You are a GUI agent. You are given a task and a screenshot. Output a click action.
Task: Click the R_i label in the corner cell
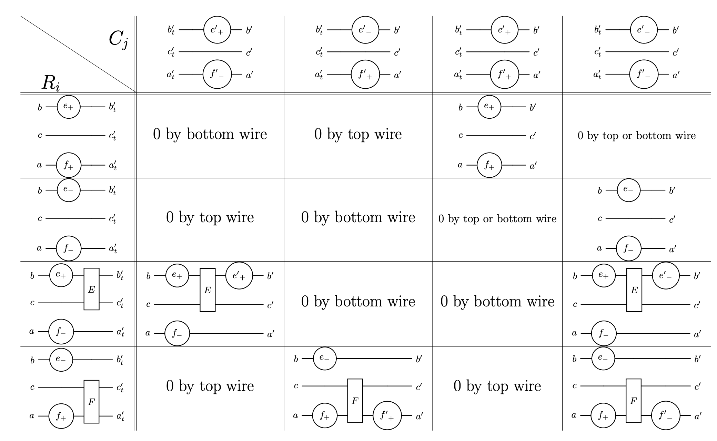pyautogui.click(x=50, y=83)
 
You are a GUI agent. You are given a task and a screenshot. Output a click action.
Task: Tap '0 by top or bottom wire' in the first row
pyautogui.click(x=636, y=136)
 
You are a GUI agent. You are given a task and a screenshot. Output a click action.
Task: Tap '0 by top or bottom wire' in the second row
pyautogui.click(x=497, y=219)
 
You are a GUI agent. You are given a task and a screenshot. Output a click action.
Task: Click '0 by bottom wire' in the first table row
pyautogui.click(x=210, y=134)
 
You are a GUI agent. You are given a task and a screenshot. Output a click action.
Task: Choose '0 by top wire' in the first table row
pyautogui.click(x=358, y=134)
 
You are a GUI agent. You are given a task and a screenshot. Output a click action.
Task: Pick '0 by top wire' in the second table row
pyautogui.click(x=210, y=217)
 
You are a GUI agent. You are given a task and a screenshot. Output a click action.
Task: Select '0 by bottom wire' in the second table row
pyautogui.click(x=358, y=217)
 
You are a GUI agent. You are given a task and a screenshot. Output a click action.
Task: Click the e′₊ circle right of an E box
pyautogui.click(x=239, y=276)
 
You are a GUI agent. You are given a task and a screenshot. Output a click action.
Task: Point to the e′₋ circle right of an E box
pyautogui.click(x=666, y=276)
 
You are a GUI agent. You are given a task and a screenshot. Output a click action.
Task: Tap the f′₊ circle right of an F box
pyautogui.click(x=387, y=415)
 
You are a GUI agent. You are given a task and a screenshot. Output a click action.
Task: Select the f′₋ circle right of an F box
pyautogui.click(x=665, y=415)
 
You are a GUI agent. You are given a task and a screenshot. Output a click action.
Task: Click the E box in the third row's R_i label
pyautogui.click(x=91, y=289)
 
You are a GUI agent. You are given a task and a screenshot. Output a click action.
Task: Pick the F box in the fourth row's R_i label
pyautogui.click(x=91, y=402)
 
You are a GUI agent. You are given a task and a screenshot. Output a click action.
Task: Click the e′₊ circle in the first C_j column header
pyautogui.click(x=217, y=30)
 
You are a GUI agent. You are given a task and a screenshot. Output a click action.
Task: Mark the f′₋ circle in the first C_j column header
pyautogui.click(x=217, y=74)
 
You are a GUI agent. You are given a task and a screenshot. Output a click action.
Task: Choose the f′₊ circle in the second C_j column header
pyautogui.click(x=365, y=74)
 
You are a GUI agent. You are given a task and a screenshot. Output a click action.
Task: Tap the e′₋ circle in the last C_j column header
pyautogui.click(x=644, y=30)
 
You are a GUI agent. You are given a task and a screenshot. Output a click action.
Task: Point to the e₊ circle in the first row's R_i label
pyautogui.click(x=69, y=107)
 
